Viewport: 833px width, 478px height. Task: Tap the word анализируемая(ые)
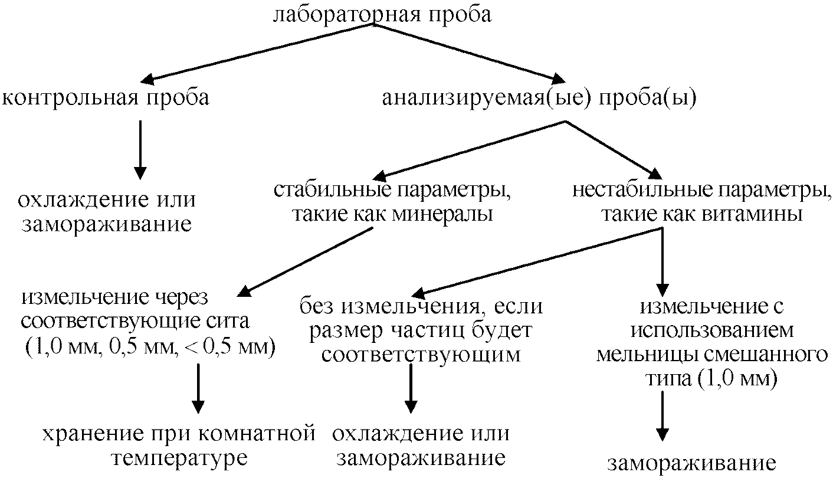click(x=487, y=98)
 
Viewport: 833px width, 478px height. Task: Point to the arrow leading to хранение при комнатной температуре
click(x=198, y=390)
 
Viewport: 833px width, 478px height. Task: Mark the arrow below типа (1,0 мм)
click(x=663, y=416)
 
